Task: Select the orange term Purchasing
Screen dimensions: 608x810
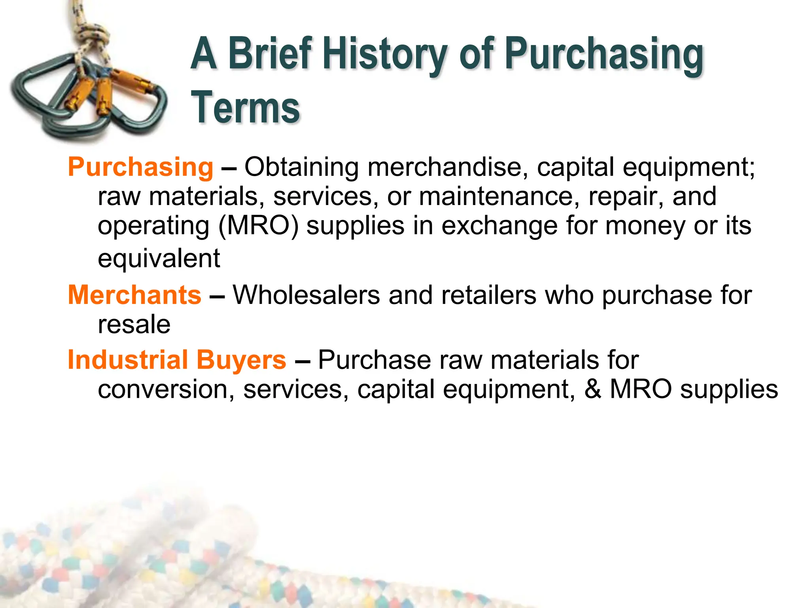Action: pyautogui.click(x=140, y=167)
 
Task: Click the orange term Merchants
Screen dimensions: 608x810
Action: pyautogui.click(x=134, y=295)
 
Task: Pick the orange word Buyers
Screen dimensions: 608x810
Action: pyautogui.click(x=241, y=360)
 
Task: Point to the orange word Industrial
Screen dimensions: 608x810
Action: pyautogui.click(x=127, y=360)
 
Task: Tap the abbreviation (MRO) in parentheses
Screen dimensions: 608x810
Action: pyautogui.click(x=258, y=226)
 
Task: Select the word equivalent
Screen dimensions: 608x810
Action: pyautogui.click(x=159, y=258)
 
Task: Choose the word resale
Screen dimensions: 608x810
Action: pyautogui.click(x=134, y=325)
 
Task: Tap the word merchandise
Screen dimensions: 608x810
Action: pyautogui.click(x=447, y=167)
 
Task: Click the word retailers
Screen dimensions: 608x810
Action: pyautogui.click(x=489, y=295)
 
